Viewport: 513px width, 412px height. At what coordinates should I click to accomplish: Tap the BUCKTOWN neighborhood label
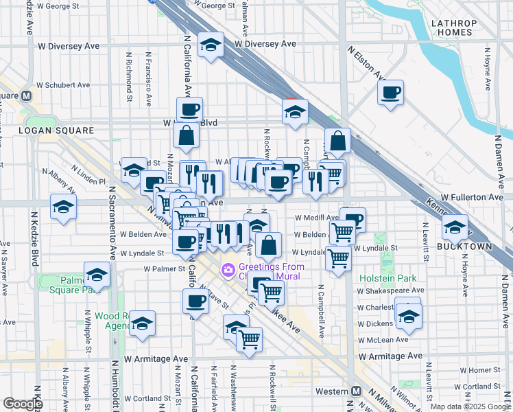point(455,245)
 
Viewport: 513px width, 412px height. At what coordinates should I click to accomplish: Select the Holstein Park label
point(388,278)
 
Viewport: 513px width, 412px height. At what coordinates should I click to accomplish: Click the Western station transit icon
point(356,391)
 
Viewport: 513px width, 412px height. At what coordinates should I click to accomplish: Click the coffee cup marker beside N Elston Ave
point(390,93)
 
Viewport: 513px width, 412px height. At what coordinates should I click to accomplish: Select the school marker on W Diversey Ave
point(211,45)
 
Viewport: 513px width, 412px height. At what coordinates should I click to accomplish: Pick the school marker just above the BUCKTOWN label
point(455,227)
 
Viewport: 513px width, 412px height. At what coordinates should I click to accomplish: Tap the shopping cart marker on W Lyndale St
point(338,259)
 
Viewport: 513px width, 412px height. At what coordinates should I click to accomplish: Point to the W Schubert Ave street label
point(63,85)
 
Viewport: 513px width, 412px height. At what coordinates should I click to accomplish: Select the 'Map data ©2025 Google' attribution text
point(470,407)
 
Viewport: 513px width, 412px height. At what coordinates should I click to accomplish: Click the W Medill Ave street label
point(317,218)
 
